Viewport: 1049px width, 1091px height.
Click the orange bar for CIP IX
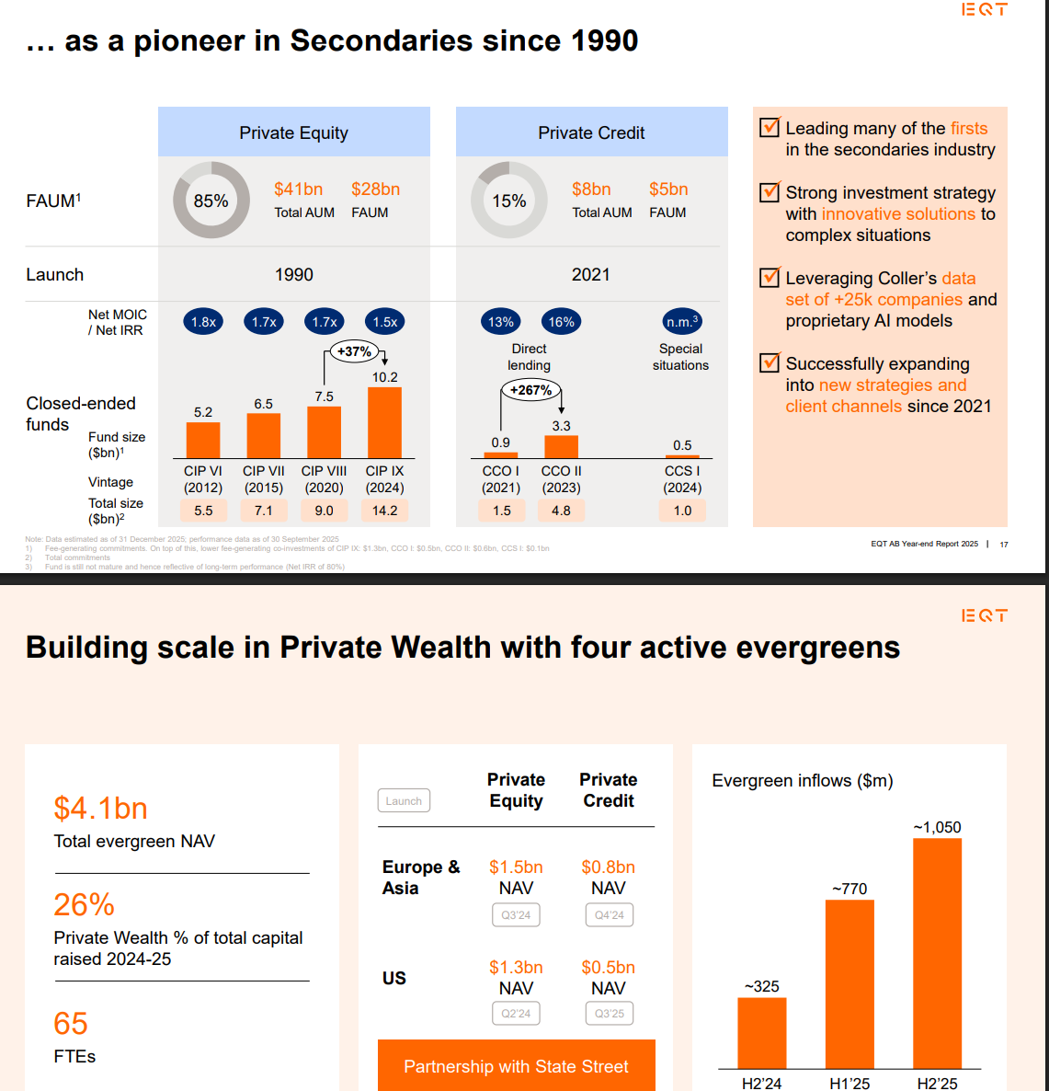(x=384, y=422)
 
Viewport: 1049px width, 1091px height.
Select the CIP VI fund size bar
(x=203, y=440)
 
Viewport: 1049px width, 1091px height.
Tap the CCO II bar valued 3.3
(x=561, y=446)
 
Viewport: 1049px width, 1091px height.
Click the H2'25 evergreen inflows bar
(x=937, y=953)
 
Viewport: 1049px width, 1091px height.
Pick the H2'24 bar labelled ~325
(x=761, y=1032)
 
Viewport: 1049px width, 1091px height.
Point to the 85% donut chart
(x=211, y=201)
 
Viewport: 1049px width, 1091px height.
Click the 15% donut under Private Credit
(x=508, y=201)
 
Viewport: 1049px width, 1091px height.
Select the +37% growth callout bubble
(x=354, y=351)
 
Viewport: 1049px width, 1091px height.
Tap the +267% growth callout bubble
(x=530, y=390)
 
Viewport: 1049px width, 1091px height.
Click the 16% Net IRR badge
(x=561, y=322)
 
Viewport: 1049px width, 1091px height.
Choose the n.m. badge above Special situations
(x=682, y=322)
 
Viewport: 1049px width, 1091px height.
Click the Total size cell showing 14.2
(x=384, y=511)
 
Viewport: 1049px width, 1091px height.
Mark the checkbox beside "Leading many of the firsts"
(x=770, y=128)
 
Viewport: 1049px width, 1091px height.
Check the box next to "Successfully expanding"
(x=770, y=363)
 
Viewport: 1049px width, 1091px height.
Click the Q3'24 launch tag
(x=516, y=915)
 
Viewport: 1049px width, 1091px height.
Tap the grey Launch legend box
(x=404, y=801)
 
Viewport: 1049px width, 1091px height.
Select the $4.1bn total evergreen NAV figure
(x=101, y=809)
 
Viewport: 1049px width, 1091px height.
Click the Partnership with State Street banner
(x=516, y=1066)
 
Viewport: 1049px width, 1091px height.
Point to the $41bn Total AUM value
(x=298, y=189)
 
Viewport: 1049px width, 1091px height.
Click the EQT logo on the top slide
(x=984, y=10)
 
